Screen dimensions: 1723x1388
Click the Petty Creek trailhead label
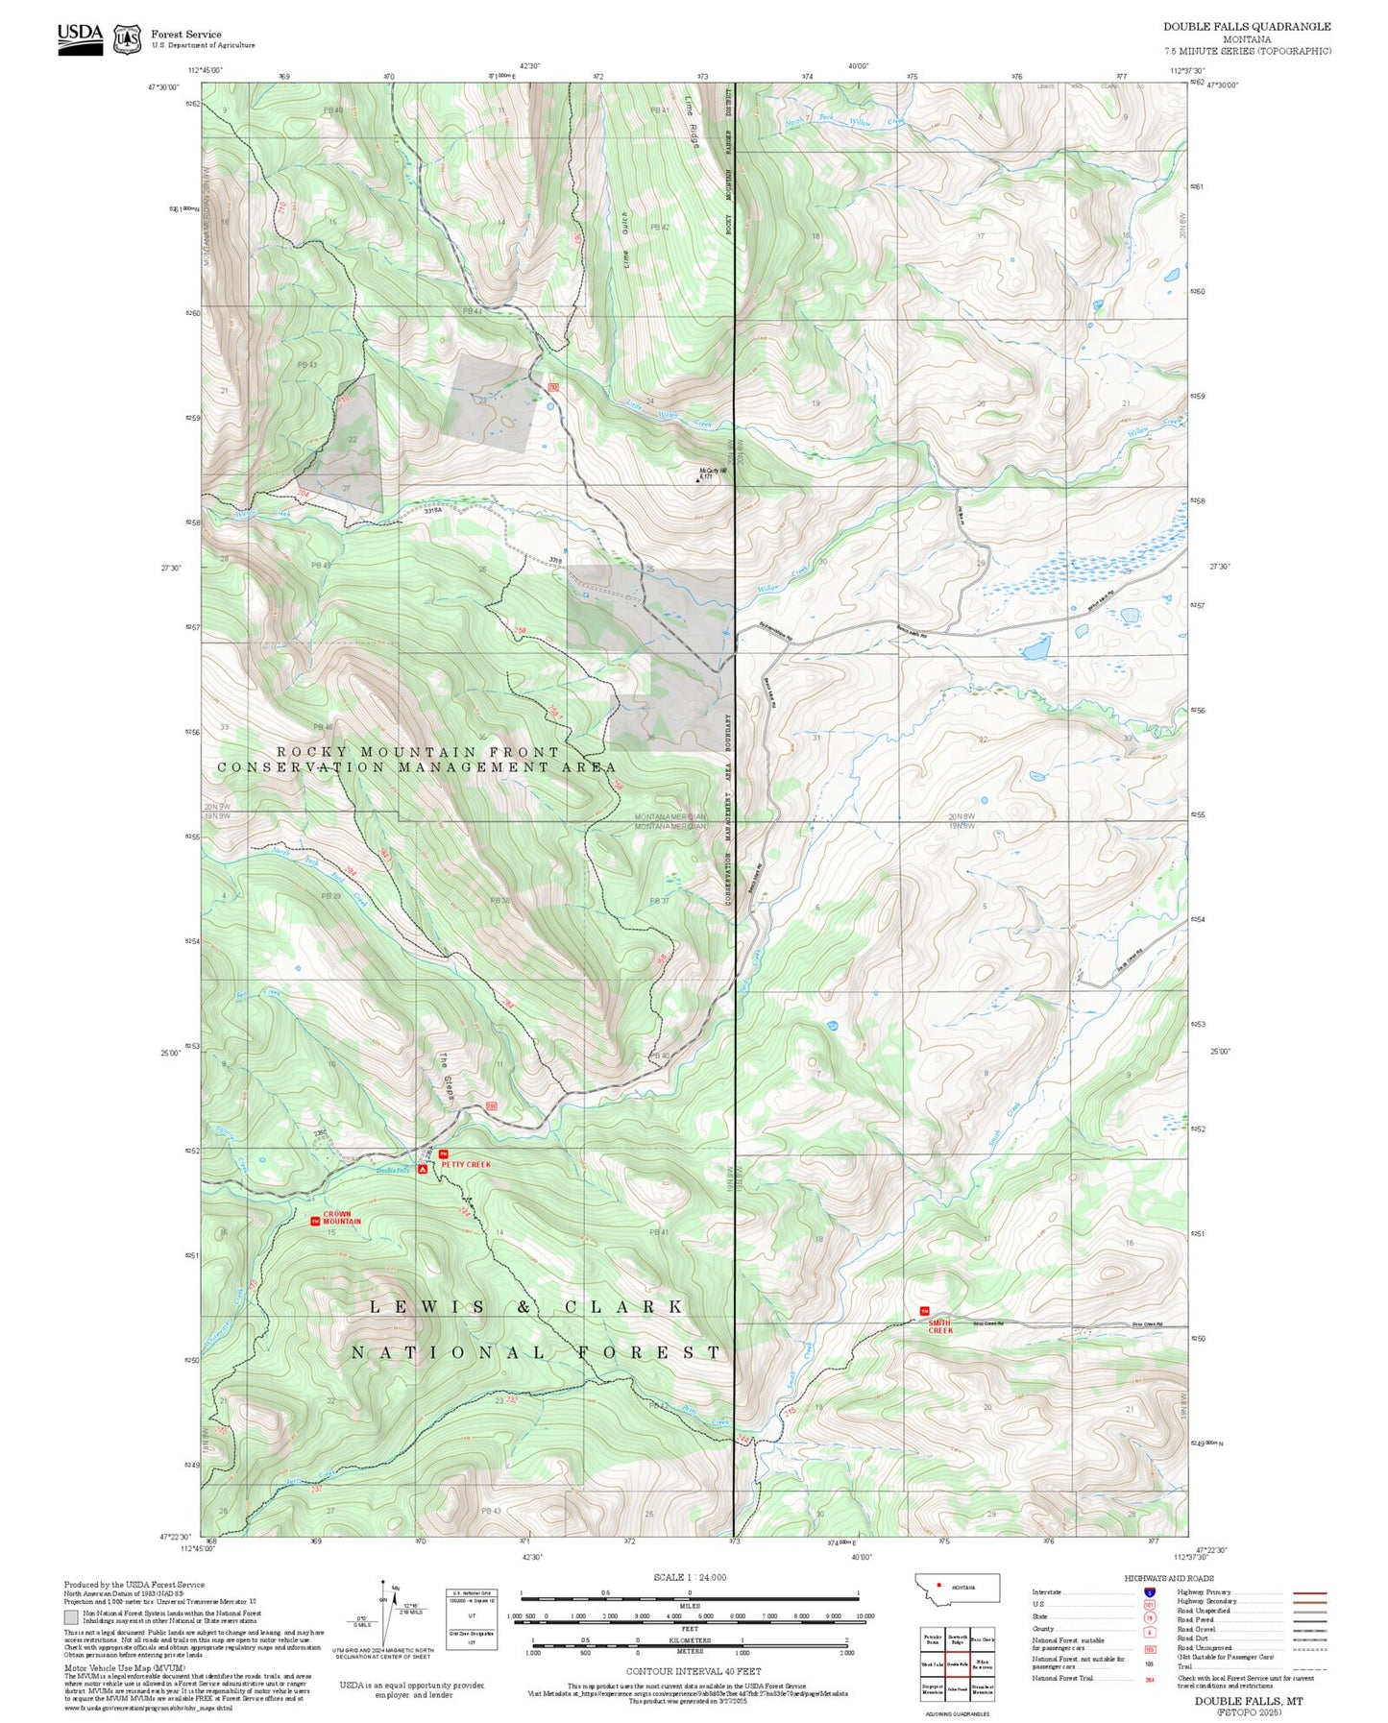[x=466, y=1164]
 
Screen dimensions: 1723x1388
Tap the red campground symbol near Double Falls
[x=423, y=1170]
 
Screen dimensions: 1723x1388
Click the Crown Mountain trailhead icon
[x=315, y=1221]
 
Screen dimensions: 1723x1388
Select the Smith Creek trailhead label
[x=940, y=1326]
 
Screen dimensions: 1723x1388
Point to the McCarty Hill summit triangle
[x=698, y=478]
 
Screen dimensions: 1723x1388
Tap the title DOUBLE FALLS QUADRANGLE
[x=1247, y=26]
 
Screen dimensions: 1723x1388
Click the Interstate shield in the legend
[x=1149, y=1591]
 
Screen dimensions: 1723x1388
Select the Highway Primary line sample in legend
[x=1310, y=1592]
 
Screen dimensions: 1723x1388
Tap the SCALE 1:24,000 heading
[x=690, y=1577]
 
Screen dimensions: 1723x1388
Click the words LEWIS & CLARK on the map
[x=526, y=1307]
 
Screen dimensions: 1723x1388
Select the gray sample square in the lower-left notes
[x=71, y=1617]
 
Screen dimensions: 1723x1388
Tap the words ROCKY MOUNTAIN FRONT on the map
[x=418, y=752]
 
